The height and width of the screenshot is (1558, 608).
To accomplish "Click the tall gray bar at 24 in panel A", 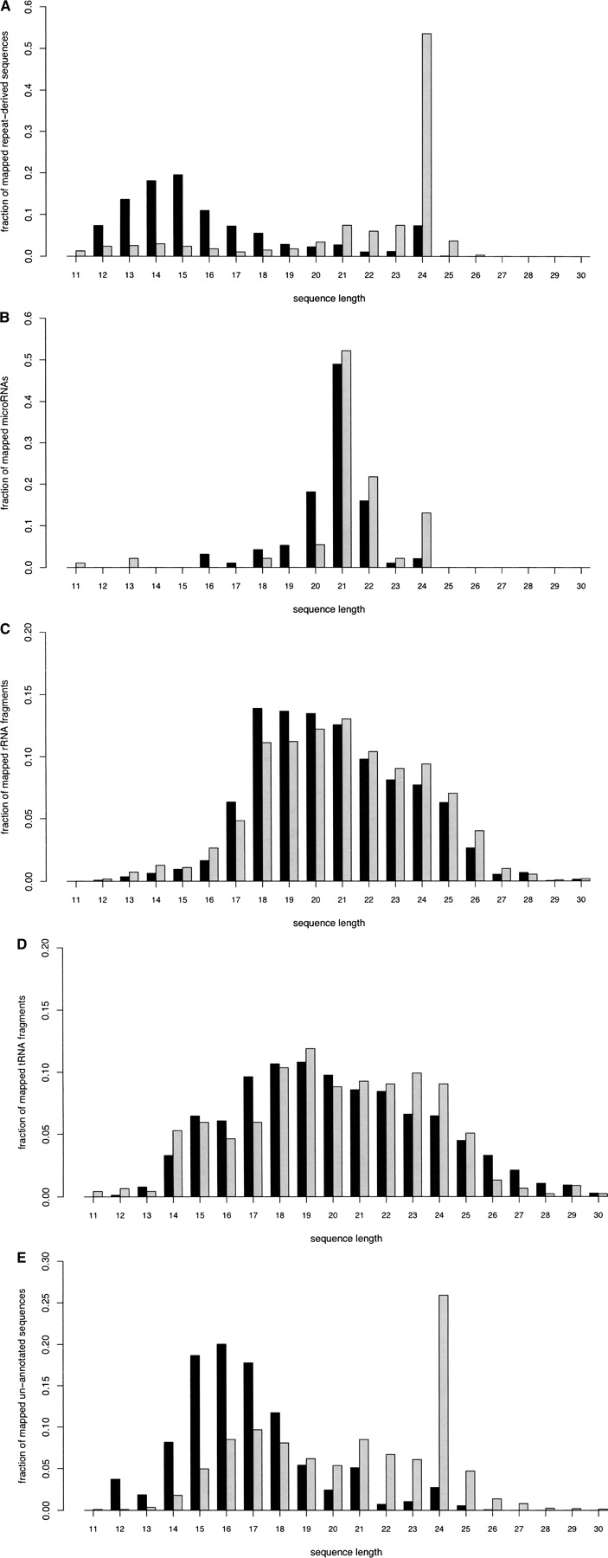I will pos(426,145).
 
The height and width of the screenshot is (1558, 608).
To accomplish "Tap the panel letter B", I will pos(6,318).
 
